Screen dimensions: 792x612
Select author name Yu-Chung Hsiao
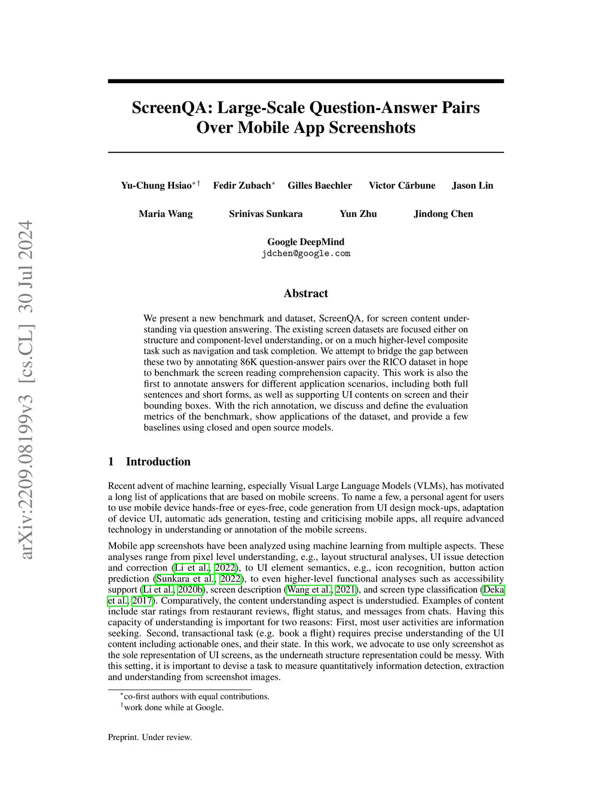coord(156,185)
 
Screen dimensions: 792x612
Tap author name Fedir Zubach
coord(241,185)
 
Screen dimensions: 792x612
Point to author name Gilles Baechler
coord(320,185)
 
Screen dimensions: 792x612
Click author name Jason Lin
coord(472,185)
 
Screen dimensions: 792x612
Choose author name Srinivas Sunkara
coord(265,214)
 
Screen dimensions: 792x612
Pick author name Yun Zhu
coord(358,214)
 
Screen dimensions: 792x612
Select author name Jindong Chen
coord(443,214)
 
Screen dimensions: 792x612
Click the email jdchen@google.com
coord(305,253)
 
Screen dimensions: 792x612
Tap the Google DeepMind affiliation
coord(305,242)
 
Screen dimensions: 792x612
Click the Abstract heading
coord(305,293)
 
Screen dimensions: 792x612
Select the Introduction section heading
coord(158,461)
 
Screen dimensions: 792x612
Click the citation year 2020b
coord(190,590)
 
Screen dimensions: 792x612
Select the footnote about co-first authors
coord(196,696)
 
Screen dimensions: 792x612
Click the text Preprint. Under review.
coord(150,738)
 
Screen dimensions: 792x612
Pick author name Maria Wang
coord(166,214)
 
